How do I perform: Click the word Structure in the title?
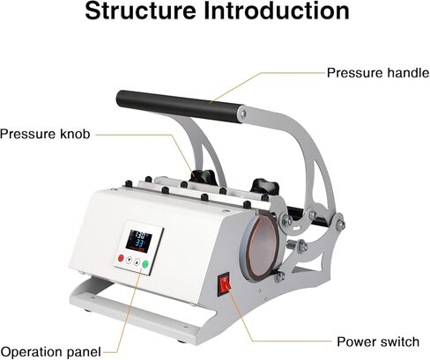pos(140,11)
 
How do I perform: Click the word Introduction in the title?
pos(277,11)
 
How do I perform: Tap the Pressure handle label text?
pos(378,73)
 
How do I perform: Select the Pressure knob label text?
pos(45,134)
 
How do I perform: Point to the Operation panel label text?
pos(51,352)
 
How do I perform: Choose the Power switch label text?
pos(378,342)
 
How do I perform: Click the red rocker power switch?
pos(225,284)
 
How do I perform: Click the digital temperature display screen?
pos(138,240)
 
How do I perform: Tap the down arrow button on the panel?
pos(129,261)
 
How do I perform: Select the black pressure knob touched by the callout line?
pos(203,176)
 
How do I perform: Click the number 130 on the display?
pos(141,235)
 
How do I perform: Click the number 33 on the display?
pos(138,244)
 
